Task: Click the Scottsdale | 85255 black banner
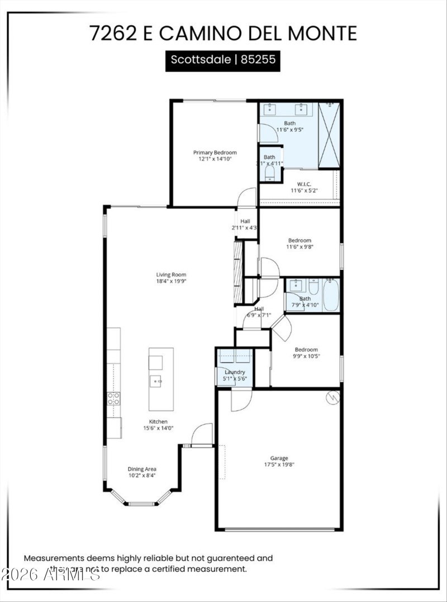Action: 223,60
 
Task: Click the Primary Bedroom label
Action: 215,152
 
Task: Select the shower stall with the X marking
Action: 329,135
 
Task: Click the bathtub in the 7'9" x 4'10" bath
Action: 331,295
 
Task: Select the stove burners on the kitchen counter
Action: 113,398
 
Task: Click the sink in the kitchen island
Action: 155,382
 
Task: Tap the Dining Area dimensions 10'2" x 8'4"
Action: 142,476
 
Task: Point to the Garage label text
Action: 279,458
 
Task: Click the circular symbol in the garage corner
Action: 332,397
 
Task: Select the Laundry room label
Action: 235,372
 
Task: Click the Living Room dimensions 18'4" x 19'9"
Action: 171,281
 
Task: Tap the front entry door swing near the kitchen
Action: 202,434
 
